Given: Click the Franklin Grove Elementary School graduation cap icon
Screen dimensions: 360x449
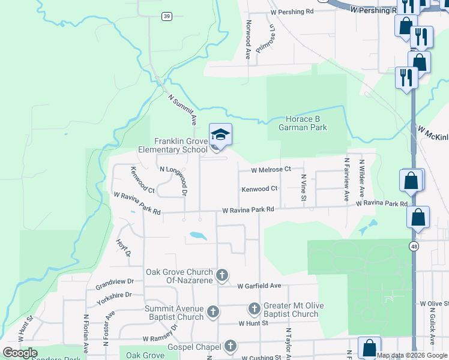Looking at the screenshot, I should tap(220, 134).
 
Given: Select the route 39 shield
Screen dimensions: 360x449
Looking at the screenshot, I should tap(167, 16).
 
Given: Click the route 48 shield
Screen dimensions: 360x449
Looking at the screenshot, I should tap(414, 246).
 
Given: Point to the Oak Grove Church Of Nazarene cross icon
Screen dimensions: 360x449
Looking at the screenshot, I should tap(221, 275).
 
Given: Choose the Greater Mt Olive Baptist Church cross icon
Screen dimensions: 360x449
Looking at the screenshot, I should tap(254, 310).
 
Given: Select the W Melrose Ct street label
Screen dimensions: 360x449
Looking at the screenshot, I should tap(271, 170).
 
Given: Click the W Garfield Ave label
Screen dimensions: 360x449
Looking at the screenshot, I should tap(259, 286).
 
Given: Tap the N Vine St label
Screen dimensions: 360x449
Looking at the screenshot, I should tap(304, 188).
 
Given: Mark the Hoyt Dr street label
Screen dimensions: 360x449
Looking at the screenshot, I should tap(123, 248).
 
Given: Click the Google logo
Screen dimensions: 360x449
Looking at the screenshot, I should tap(20, 353).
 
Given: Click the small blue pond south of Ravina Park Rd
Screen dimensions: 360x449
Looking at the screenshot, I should tap(197, 235).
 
